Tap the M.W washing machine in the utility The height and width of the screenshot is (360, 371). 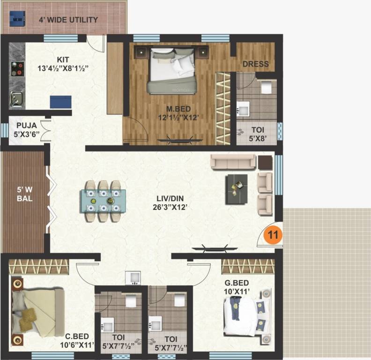[x=18, y=20]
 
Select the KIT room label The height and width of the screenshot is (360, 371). [x=63, y=60]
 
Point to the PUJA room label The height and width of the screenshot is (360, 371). [x=26, y=126]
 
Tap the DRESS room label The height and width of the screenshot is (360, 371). [x=255, y=64]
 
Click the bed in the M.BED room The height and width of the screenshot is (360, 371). [x=171, y=70]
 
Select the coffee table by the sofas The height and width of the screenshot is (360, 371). [x=237, y=189]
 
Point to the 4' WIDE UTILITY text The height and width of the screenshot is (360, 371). [x=68, y=20]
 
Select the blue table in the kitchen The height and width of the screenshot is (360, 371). [x=61, y=102]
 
